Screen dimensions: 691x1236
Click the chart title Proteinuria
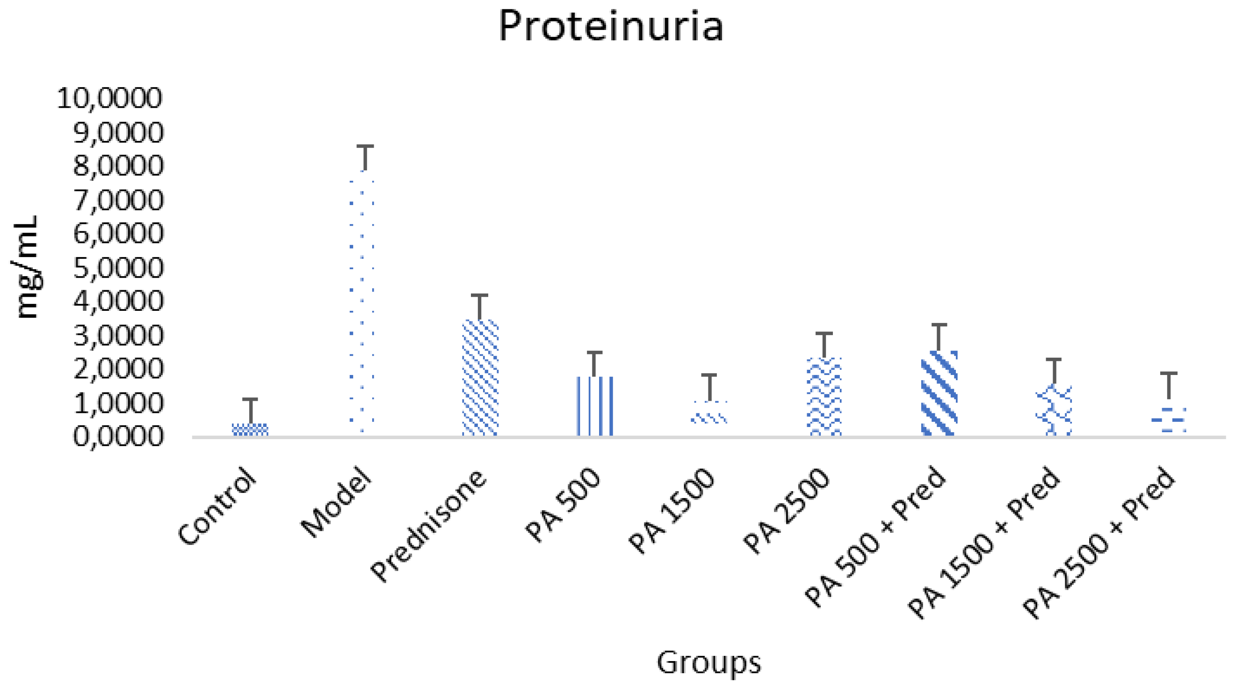(610, 26)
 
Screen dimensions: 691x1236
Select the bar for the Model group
(362, 302)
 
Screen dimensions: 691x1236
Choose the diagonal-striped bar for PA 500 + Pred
(939, 394)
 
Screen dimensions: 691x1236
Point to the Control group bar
(250, 429)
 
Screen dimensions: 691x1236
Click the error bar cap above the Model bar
(365, 146)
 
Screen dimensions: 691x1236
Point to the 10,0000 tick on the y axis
(110, 98)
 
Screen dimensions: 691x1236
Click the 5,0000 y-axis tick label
(118, 268)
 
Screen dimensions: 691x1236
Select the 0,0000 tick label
(118, 437)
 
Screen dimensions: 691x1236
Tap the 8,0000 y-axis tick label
(118, 166)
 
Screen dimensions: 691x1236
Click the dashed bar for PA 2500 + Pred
(1168, 419)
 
